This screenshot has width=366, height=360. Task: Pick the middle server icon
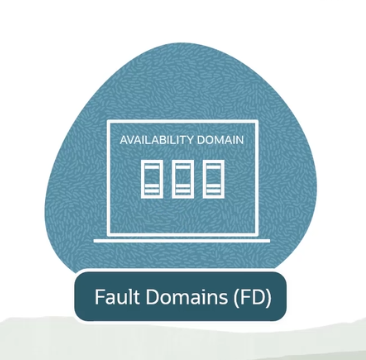click(183, 177)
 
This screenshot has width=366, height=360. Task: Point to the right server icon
click(212, 177)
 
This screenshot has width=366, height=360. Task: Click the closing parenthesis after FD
click(264, 298)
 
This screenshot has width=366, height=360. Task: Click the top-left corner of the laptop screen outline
click(107, 121)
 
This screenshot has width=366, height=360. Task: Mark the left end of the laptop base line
click(95, 240)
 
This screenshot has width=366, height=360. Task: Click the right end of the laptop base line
click(270, 240)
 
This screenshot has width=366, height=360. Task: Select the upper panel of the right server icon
click(212, 166)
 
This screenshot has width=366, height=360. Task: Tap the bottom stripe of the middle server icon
click(183, 189)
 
